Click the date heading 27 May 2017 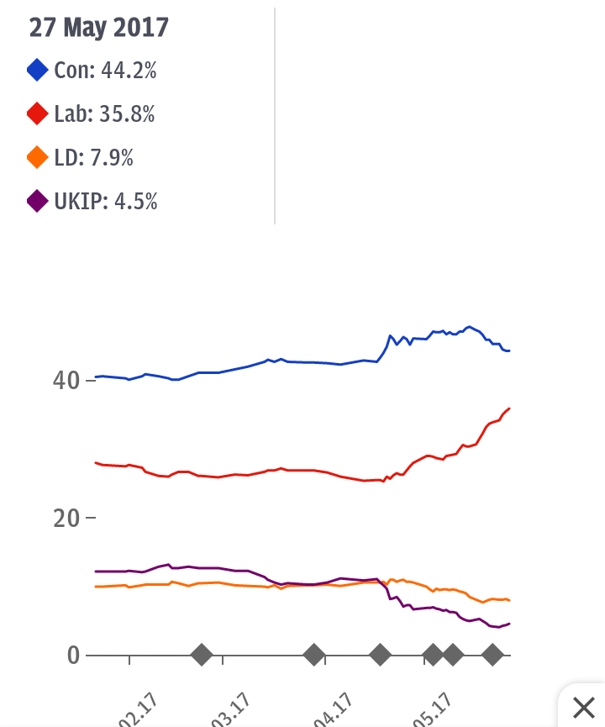99,28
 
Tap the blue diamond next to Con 37,71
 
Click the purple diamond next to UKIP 37,202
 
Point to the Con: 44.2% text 105,71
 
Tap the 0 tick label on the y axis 74,655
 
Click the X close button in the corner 582,706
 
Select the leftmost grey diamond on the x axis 202,655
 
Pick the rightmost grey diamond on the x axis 493,655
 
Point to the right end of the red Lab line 509,408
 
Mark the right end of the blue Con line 509,350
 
